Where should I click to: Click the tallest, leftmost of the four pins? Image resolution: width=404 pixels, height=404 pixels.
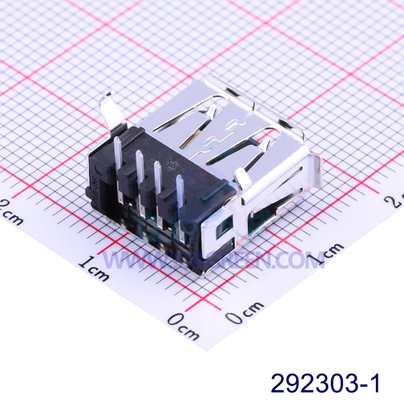[118, 157]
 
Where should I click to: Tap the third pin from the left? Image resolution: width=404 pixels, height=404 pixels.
[158, 182]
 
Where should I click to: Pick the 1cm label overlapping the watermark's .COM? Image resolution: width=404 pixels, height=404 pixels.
[323, 255]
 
